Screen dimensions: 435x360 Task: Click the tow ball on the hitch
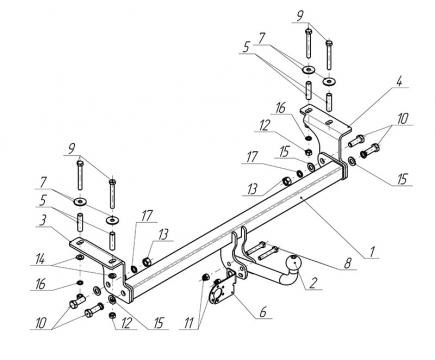point(295,262)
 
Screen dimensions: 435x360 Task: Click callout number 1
point(372,252)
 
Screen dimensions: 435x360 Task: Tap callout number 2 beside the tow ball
point(313,283)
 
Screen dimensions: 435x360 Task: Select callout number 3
point(42,221)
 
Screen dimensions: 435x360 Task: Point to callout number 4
point(400,81)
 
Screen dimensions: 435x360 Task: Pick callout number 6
point(263,312)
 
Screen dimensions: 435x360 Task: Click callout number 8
point(347,263)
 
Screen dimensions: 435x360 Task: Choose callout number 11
point(189,323)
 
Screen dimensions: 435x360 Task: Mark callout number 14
point(41,259)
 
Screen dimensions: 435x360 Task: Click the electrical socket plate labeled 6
point(222,288)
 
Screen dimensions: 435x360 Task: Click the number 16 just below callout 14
point(40,285)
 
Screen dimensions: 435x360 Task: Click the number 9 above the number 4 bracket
point(300,16)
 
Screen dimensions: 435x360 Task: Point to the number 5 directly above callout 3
point(42,201)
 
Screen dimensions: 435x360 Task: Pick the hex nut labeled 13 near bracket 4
point(286,181)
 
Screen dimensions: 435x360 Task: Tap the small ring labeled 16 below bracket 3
point(80,283)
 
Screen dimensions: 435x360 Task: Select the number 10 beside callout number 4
point(402,119)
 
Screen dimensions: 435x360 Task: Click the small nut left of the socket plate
point(205,277)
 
